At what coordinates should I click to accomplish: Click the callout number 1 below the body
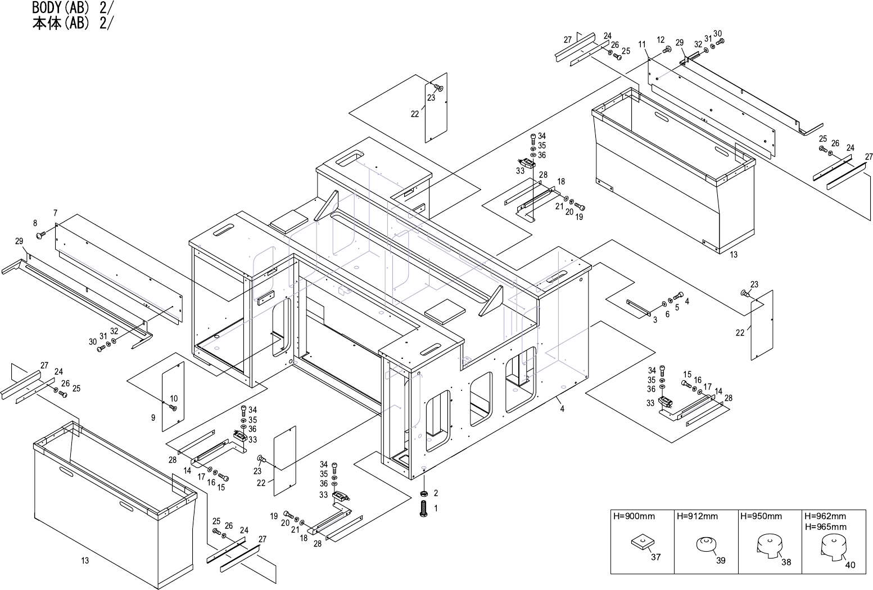click(x=436, y=507)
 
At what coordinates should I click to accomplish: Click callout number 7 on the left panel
click(x=55, y=213)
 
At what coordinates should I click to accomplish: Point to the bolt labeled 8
click(x=40, y=234)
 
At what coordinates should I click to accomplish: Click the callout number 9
click(x=153, y=418)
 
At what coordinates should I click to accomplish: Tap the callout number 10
click(x=174, y=399)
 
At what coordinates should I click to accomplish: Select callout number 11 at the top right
click(x=641, y=44)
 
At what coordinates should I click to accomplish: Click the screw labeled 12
click(x=667, y=50)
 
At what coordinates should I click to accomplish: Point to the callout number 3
click(x=655, y=320)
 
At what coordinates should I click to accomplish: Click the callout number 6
click(x=667, y=314)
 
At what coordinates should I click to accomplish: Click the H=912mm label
click(x=697, y=516)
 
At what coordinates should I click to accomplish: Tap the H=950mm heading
click(x=761, y=516)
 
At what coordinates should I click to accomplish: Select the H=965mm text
click(x=825, y=527)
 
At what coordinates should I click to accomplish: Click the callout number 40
click(x=850, y=565)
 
